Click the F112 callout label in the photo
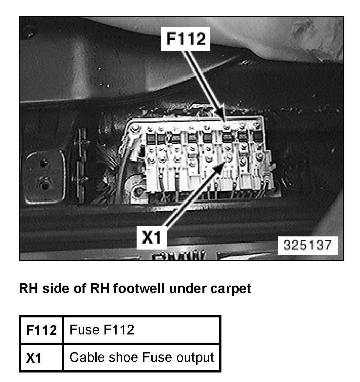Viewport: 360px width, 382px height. (186, 39)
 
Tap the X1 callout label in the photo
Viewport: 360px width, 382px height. (151, 238)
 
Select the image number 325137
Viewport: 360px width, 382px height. (307, 245)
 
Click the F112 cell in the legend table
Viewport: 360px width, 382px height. (41, 330)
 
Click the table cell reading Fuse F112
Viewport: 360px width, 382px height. (102, 330)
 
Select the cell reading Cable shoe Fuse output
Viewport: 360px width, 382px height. (142, 357)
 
